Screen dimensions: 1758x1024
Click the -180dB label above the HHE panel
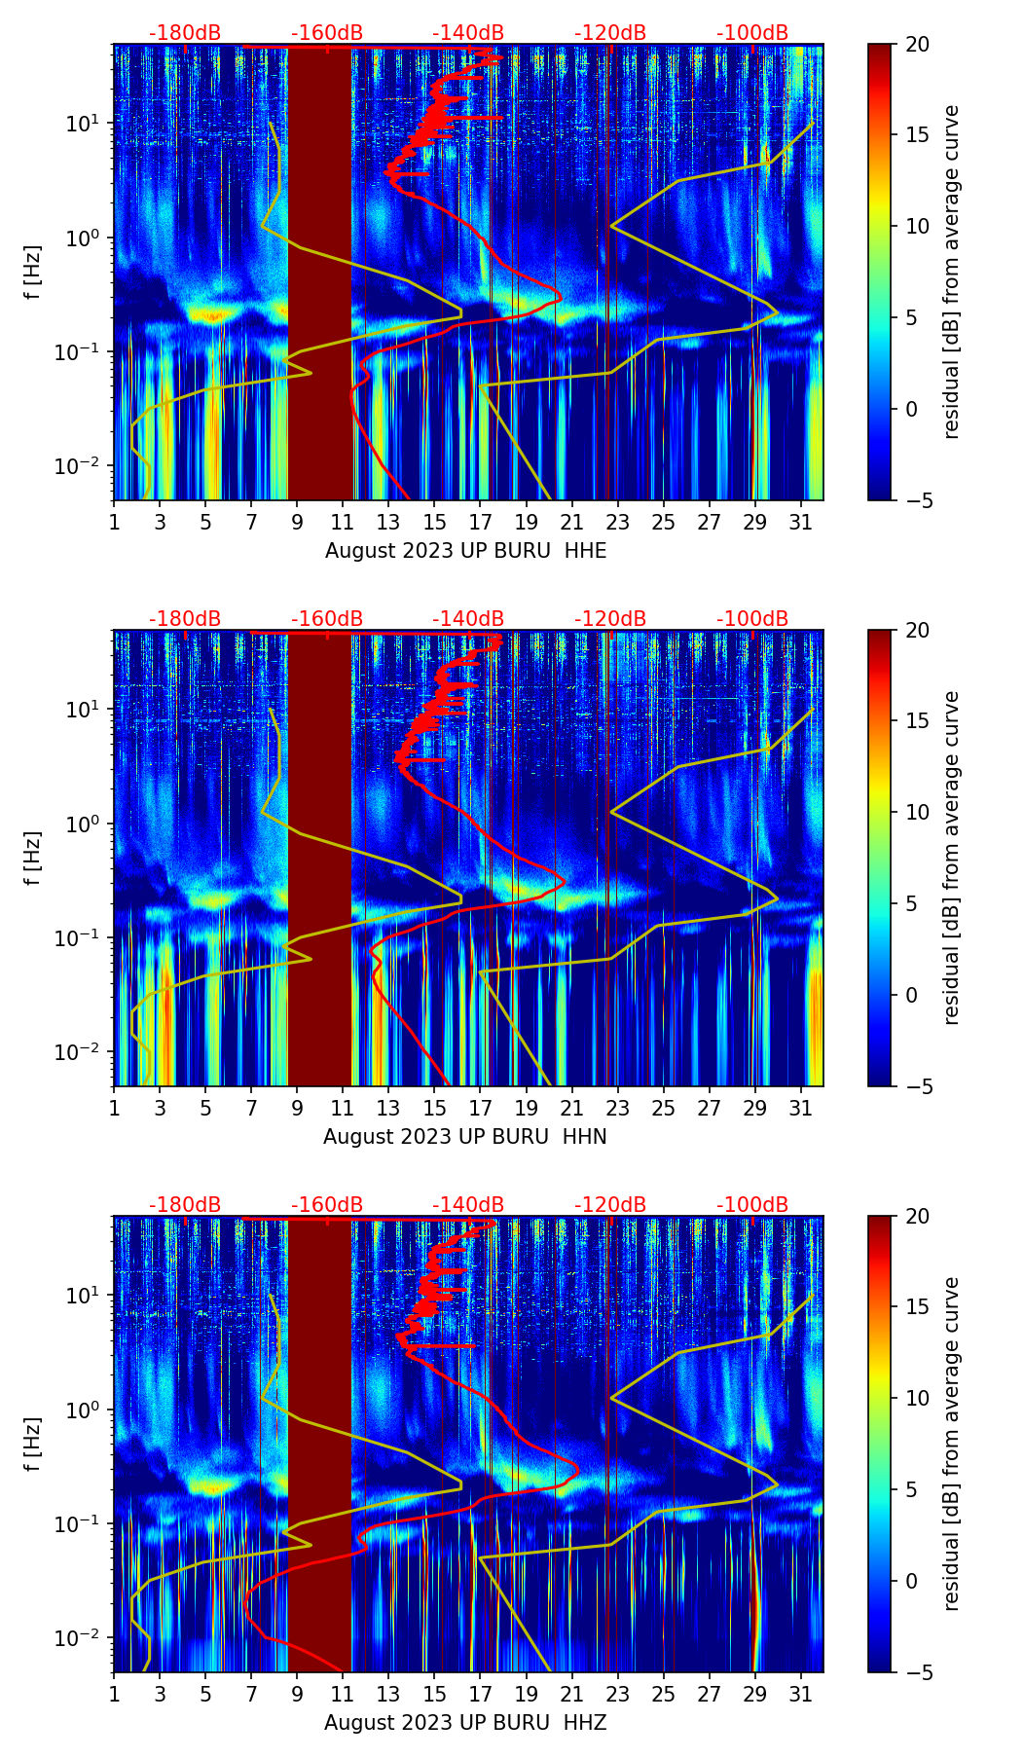coord(185,33)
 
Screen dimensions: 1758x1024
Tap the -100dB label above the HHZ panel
coord(752,1205)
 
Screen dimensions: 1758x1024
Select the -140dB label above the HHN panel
coord(468,619)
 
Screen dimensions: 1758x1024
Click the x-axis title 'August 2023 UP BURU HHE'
coord(465,551)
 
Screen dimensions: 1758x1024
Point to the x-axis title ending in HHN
coord(465,1137)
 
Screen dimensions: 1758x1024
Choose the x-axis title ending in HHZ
coord(465,1723)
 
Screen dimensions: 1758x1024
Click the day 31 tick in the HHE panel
coord(801,521)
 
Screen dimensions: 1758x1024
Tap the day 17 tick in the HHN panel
coord(481,1107)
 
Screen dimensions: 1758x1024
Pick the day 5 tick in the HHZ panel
coord(205,1693)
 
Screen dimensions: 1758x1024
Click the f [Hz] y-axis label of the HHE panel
coord(33,273)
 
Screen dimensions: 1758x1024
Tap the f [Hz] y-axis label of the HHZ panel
coord(33,1445)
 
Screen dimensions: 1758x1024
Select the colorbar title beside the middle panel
coord(952,858)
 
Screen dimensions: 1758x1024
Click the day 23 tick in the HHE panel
coord(618,521)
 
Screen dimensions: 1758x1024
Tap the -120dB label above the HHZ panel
coord(610,1205)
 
